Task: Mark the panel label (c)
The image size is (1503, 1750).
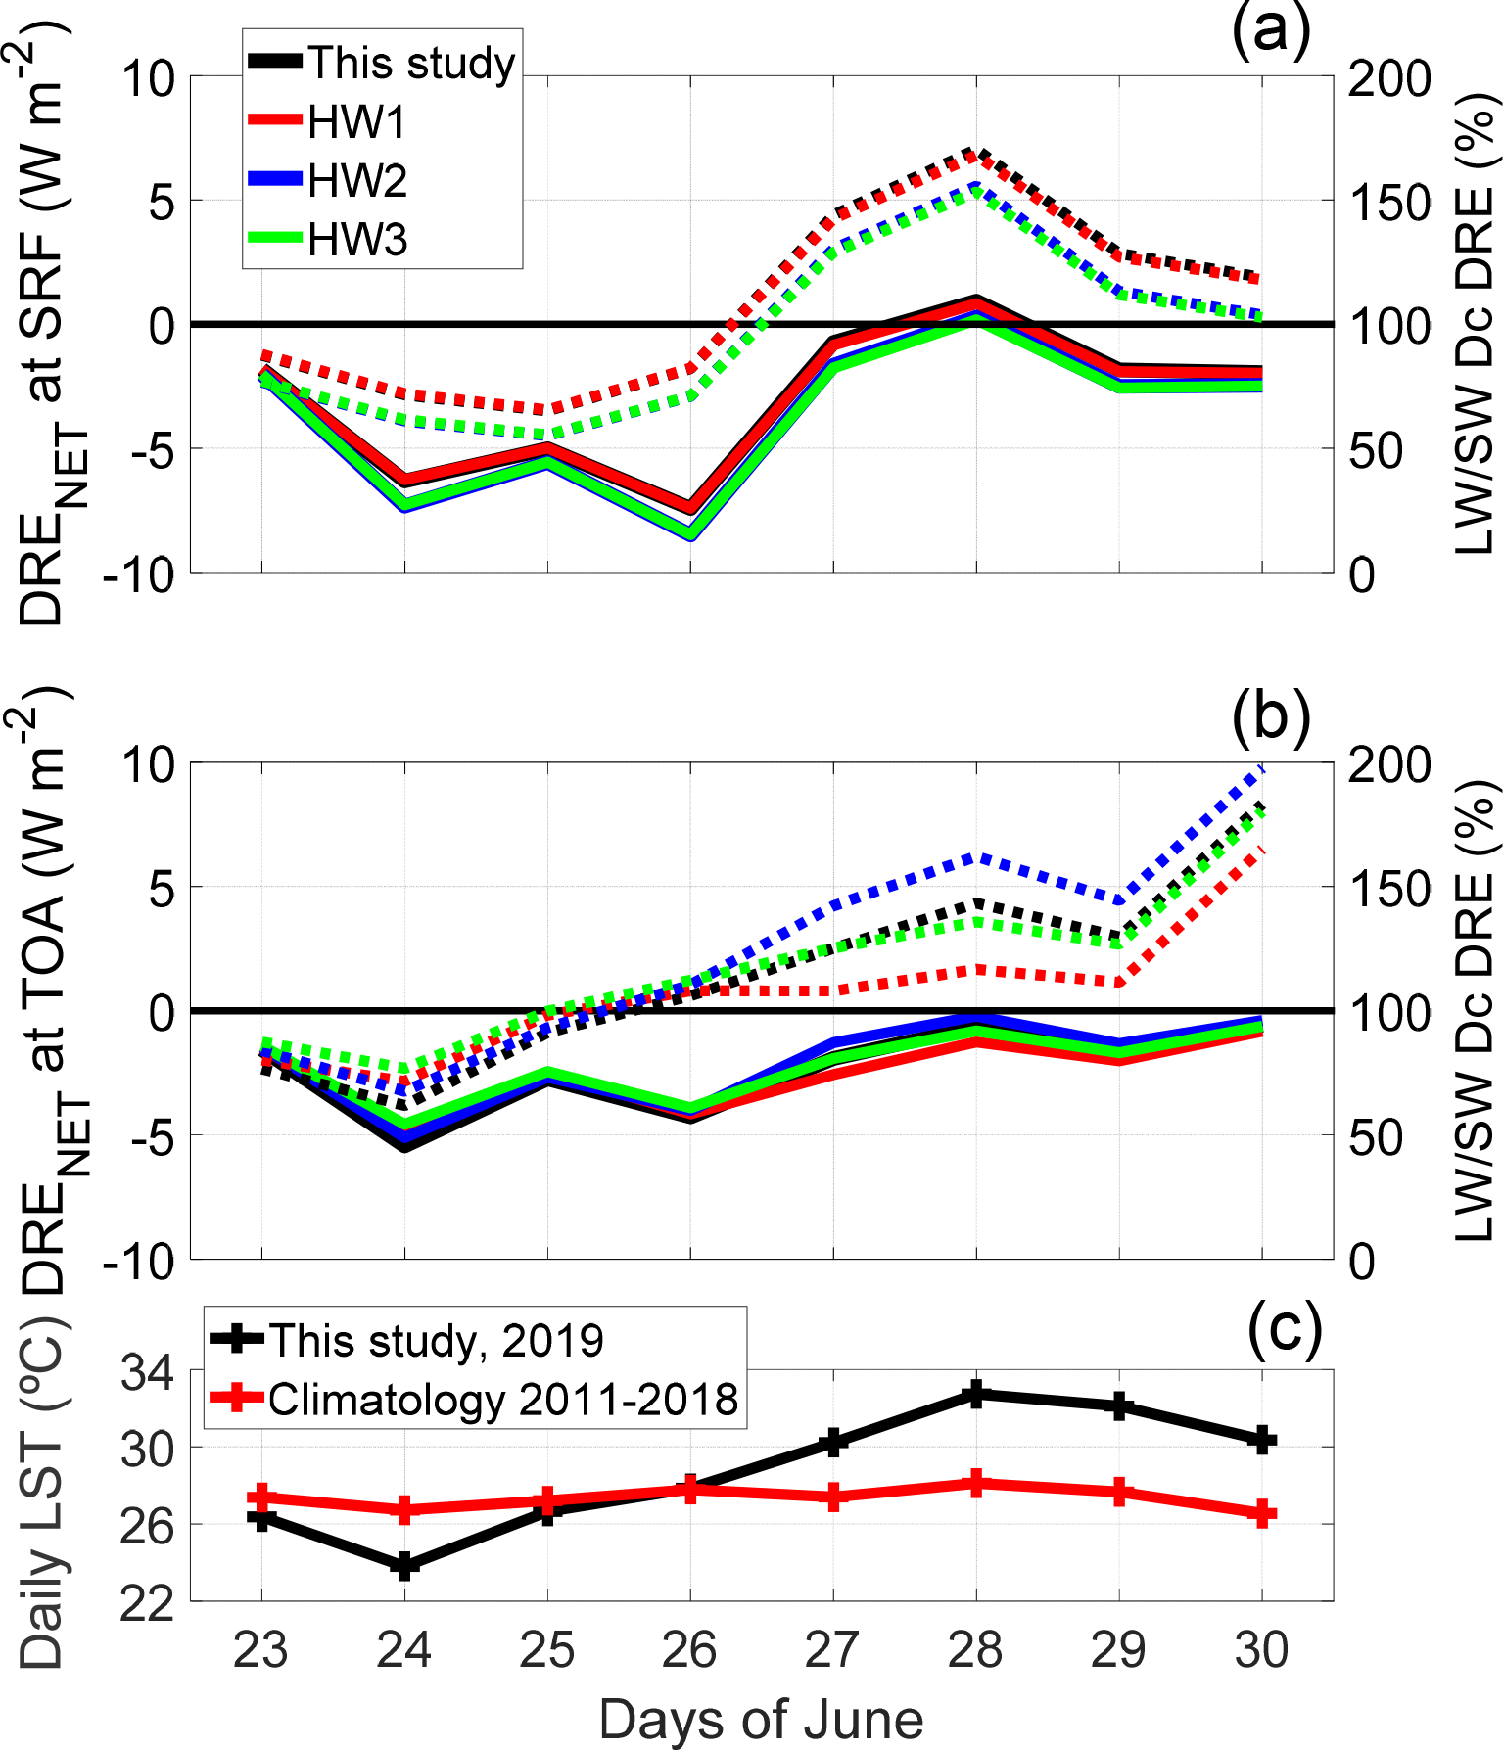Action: [1284, 1328]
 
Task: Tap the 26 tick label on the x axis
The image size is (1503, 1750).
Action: [690, 1650]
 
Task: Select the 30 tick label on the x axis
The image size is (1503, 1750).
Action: [1261, 1650]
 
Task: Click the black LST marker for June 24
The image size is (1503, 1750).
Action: [404, 1566]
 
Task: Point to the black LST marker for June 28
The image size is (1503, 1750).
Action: [975, 1394]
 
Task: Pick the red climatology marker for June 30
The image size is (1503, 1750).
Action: [1262, 1513]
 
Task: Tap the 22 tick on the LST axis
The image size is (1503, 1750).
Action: [147, 1603]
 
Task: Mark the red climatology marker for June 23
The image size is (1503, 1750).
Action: [261, 1497]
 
